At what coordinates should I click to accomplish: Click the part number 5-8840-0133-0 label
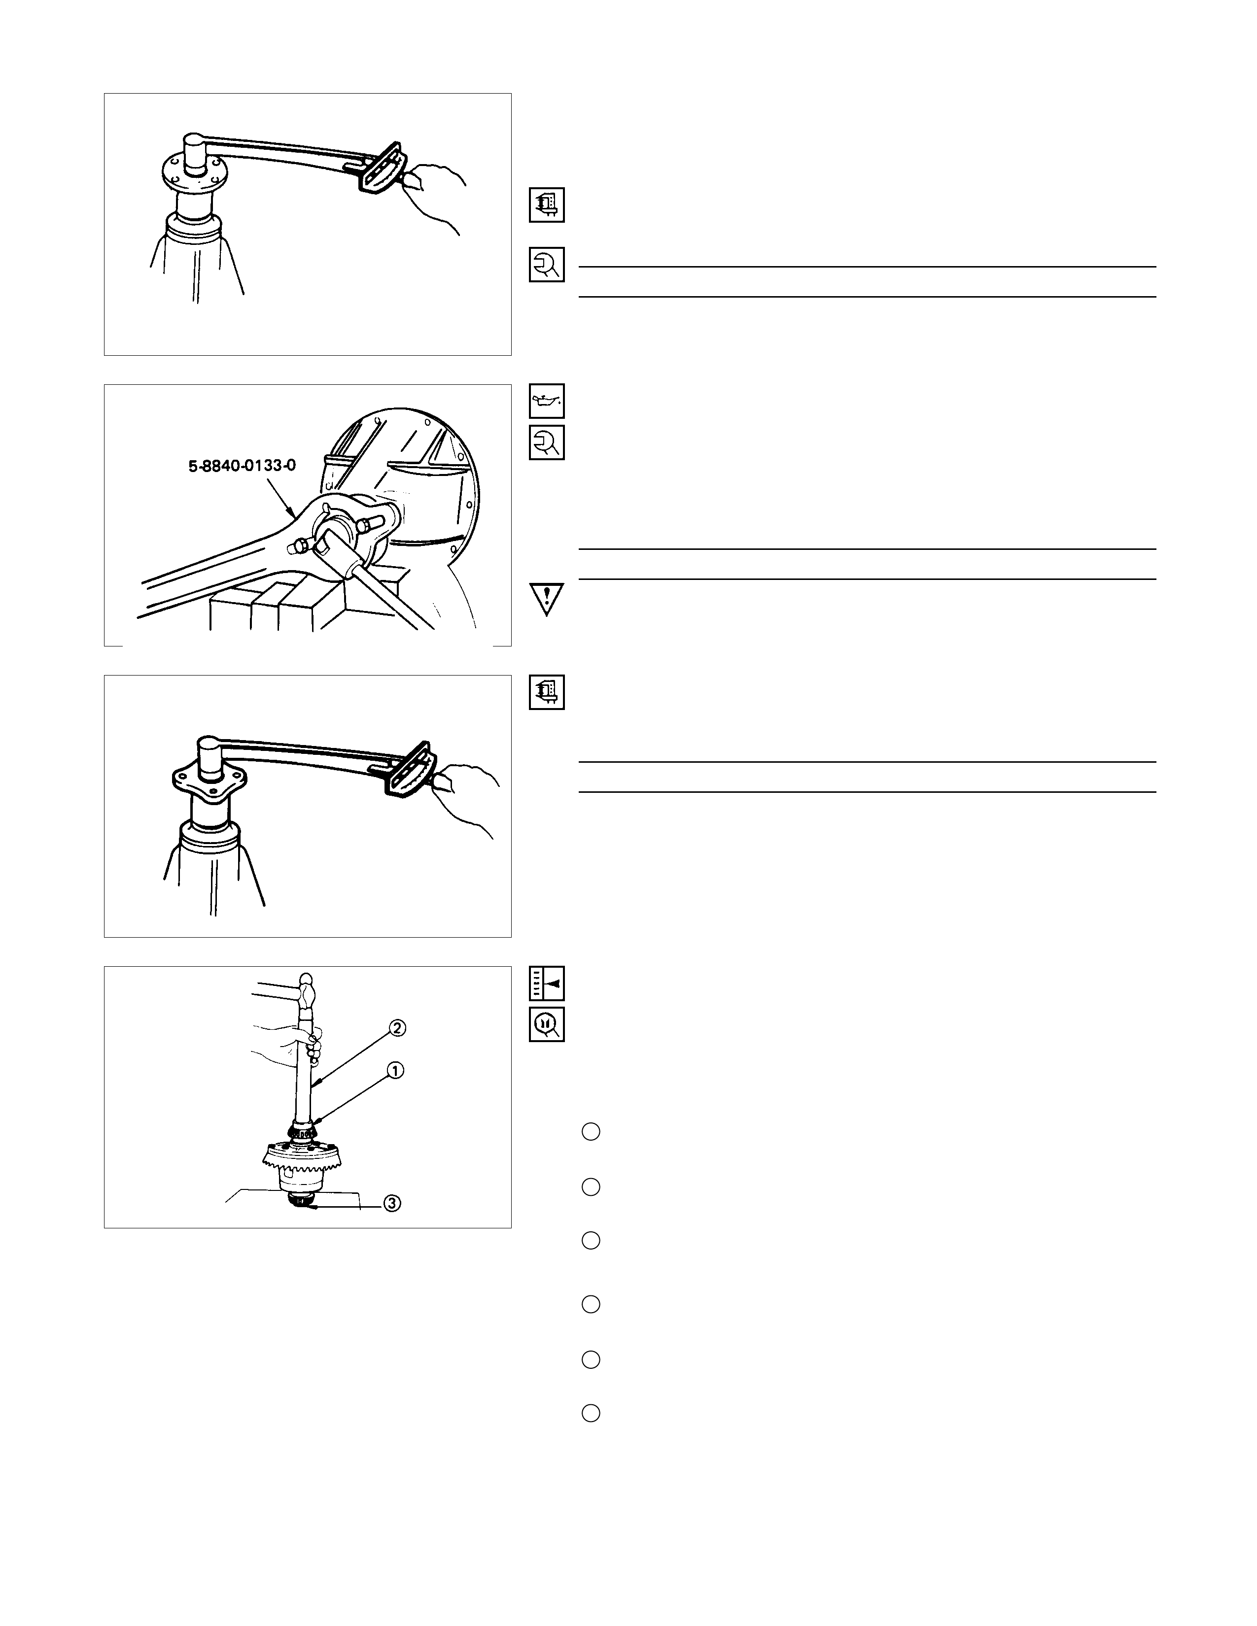tap(242, 467)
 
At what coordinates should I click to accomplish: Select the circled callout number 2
tap(397, 1028)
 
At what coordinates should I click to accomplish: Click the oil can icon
tap(547, 401)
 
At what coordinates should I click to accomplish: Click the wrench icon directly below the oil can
tap(547, 442)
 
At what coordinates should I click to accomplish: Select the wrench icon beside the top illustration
tap(547, 264)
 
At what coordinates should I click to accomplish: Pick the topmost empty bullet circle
tap(591, 1132)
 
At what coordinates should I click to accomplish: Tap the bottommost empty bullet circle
tap(591, 1413)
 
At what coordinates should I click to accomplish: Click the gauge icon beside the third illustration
tap(547, 692)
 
